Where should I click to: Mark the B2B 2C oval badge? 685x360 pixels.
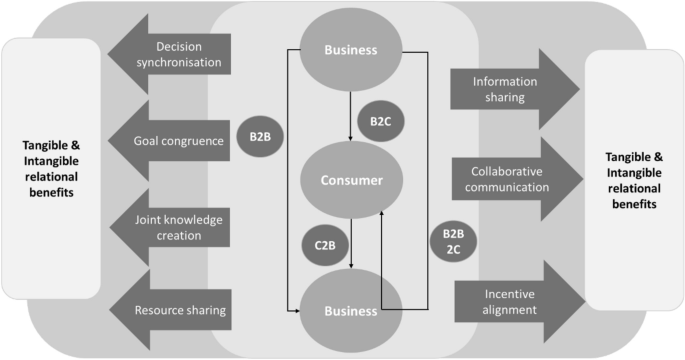click(x=452, y=242)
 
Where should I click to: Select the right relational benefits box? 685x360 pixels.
click(x=634, y=179)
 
